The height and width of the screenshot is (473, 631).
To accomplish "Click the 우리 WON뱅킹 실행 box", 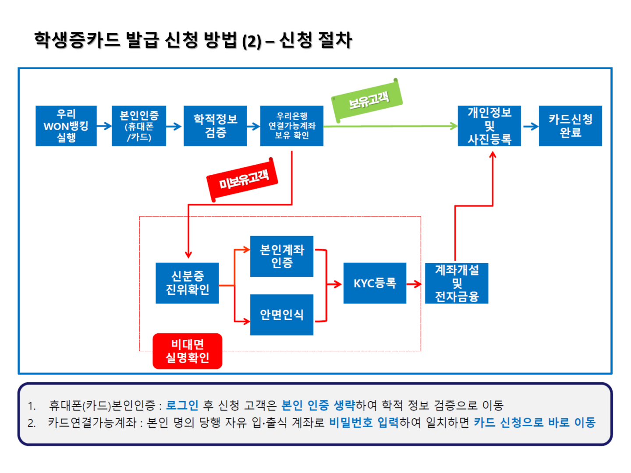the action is tap(66, 126).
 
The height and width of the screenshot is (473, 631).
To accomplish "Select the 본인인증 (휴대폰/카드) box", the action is tap(139, 126).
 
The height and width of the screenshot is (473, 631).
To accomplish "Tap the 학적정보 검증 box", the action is tap(215, 126).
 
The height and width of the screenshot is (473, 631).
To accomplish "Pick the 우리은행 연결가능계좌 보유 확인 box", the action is tap(291, 126).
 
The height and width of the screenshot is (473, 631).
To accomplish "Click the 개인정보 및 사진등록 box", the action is tap(489, 126).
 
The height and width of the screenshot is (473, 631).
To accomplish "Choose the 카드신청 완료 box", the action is tap(571, 126).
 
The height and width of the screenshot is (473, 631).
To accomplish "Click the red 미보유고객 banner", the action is tap(242, 180).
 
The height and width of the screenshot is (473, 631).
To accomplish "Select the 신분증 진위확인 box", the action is tap(187, 283).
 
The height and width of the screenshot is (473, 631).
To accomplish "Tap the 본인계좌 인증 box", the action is tap(282, 256).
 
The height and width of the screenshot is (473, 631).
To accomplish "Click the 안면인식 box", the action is tap(282, 315).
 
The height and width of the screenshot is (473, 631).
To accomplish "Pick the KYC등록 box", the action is tap(375, 283).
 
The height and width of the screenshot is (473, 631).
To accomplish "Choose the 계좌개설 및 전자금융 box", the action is tap(457, 283).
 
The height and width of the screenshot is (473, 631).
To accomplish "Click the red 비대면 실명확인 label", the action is tap(188, 351).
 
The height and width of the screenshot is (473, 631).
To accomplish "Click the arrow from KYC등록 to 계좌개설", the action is tap(414, 284).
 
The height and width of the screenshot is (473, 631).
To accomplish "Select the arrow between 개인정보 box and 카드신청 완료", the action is tap(531, 126).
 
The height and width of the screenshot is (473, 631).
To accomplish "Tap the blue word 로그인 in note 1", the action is tap(182, 405).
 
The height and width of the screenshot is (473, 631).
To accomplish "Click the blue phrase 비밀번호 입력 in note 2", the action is tap(364, 422).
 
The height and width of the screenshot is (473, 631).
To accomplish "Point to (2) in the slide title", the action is tap(252, 41).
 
